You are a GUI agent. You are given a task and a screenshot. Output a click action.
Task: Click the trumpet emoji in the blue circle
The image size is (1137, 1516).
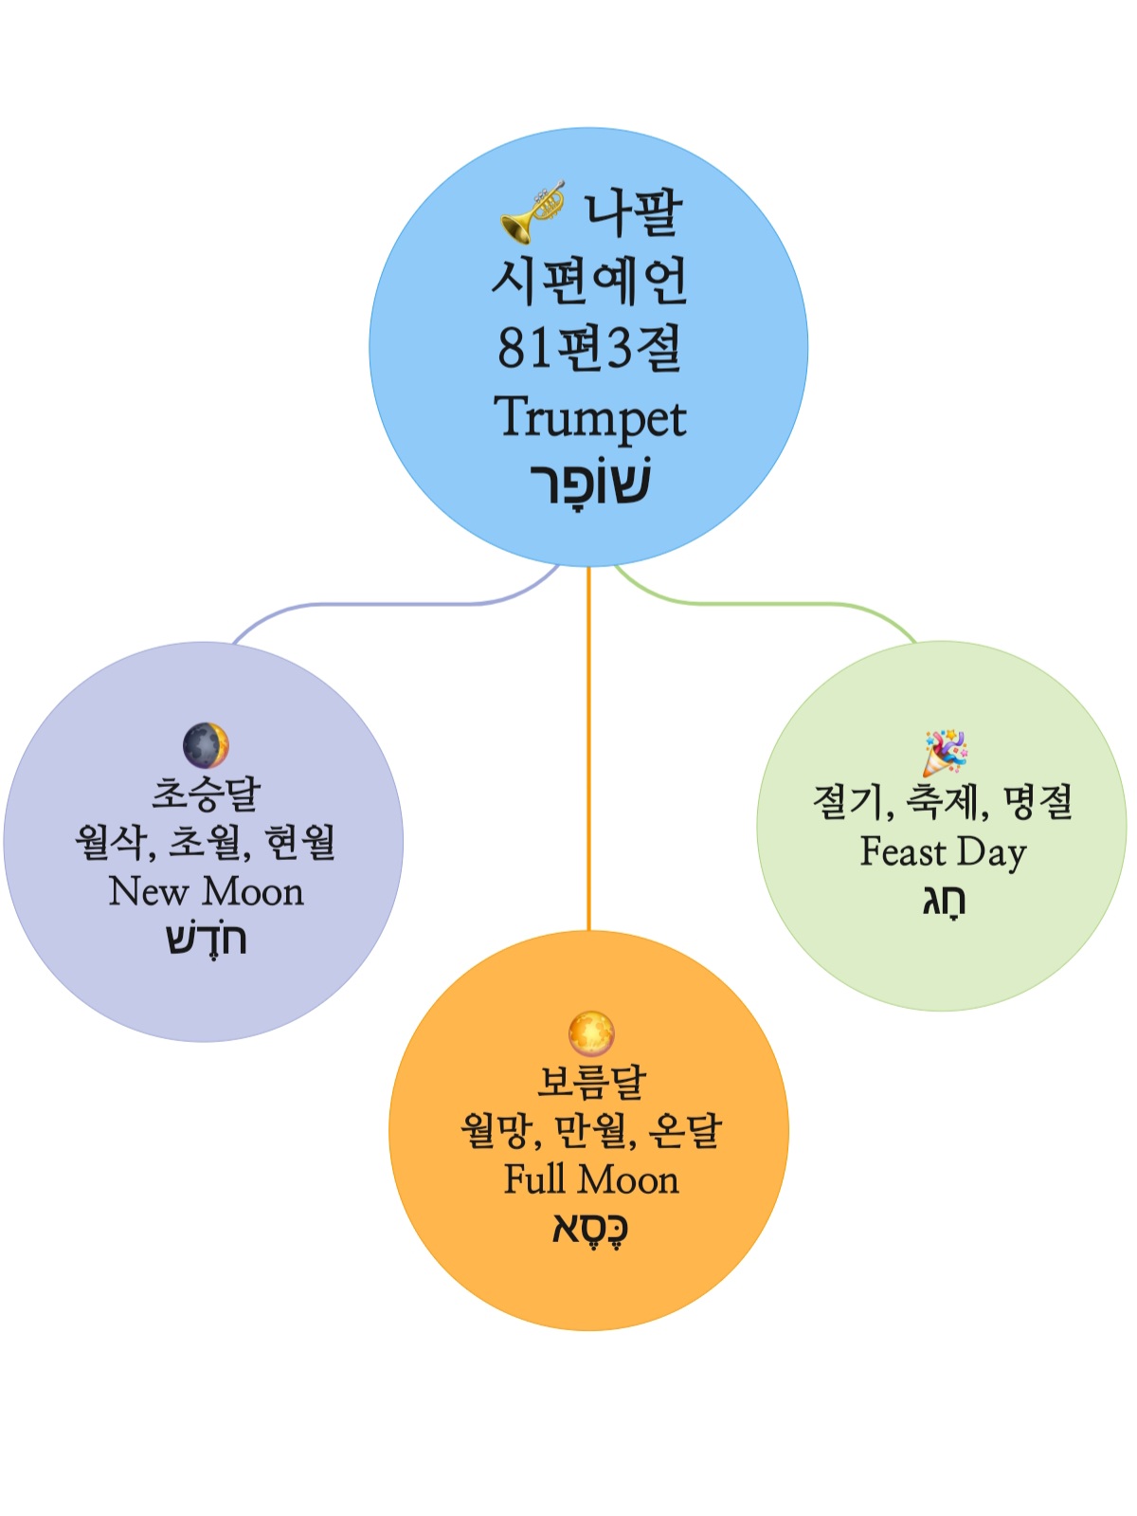532,211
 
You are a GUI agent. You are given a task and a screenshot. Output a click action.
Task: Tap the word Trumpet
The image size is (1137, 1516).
589,418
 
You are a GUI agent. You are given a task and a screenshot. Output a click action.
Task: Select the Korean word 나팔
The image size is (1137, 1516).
632,211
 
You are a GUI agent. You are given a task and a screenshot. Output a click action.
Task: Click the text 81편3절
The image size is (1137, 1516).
589,348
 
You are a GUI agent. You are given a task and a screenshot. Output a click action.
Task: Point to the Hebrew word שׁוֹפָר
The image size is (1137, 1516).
589,484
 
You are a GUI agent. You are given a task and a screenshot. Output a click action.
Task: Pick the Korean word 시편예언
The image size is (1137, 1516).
589,280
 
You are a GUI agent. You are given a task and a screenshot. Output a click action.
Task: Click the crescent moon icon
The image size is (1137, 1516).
206,745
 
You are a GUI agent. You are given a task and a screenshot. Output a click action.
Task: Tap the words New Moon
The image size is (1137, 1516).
206,892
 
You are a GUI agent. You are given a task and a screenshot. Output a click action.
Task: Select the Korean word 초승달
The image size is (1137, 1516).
206,794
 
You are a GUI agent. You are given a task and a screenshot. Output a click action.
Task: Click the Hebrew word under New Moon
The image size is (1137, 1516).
206,940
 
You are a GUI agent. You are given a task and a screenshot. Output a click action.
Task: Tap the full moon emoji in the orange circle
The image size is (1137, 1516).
591,1033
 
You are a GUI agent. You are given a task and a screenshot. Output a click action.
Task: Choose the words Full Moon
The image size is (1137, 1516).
591,1179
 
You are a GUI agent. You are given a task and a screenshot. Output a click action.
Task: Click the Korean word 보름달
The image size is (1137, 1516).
591,1082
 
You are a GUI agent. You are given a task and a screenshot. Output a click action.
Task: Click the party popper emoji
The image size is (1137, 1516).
945,753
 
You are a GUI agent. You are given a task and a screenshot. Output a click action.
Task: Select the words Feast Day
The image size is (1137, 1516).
943,851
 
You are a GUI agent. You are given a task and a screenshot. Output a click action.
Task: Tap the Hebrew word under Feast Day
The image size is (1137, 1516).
944,901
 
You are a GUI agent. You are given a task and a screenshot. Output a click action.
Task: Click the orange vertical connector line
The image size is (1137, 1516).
588,749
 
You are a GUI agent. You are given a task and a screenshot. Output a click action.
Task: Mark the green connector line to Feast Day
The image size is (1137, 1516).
777,603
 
